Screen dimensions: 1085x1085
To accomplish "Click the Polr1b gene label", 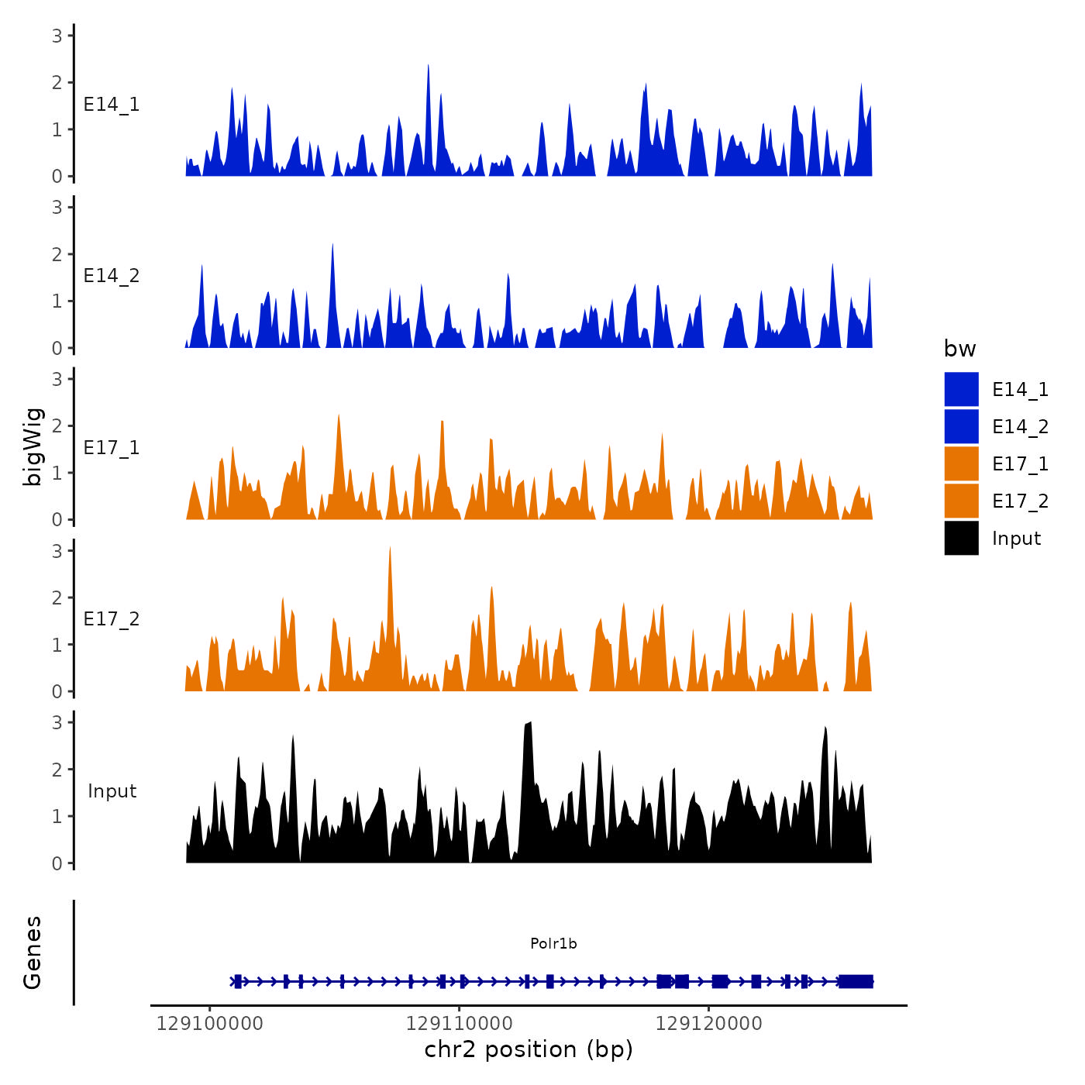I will pos(553,943).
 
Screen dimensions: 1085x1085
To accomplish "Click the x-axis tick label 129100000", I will pos(209,1024).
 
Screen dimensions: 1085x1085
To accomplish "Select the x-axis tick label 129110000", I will pos(459,1024).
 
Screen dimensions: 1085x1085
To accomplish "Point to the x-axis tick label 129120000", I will pos(708,1024).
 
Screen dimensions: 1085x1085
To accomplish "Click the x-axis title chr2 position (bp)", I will pos(529,1049).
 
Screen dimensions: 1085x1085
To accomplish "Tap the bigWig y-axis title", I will pos(33,447).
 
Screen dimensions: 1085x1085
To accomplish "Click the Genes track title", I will pos(33,952).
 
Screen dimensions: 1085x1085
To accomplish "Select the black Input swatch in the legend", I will pos(961,538).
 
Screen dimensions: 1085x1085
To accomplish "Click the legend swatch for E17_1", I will pos(961,463).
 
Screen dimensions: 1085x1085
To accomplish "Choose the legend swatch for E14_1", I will pos(961,389).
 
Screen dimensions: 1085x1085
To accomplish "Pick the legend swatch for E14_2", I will pos(961,426).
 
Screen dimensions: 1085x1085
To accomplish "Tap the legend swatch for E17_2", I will pos(961,501).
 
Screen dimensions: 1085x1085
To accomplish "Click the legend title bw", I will pos(959,349).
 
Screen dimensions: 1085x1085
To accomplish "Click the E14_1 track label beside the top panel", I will pos(112,105).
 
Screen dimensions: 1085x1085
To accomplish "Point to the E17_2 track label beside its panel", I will pos(112,619).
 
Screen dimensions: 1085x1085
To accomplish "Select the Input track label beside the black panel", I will pos(112,791).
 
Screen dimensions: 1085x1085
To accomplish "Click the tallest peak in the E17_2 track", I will pos(390,549).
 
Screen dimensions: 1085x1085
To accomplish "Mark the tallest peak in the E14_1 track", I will pos(428,67).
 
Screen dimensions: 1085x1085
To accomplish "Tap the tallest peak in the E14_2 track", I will pos(332,246).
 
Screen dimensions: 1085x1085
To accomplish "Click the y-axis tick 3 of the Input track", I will pos(57,722).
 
